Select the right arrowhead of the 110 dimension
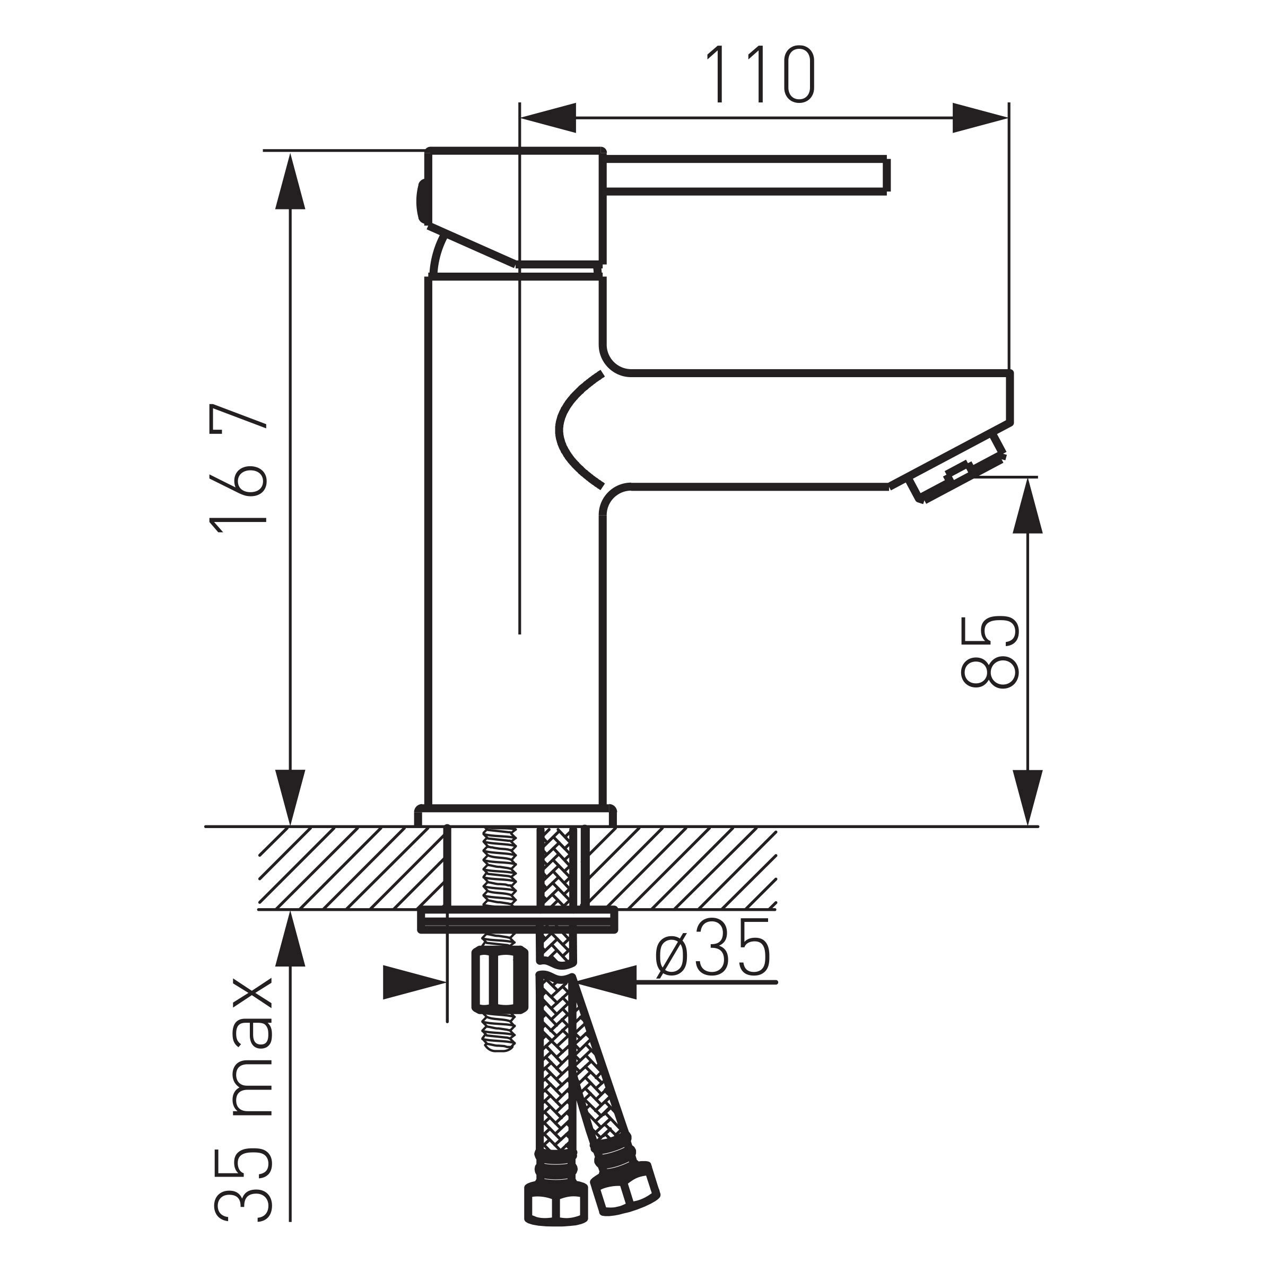tap(979, 118)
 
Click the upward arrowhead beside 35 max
tap(290, 942)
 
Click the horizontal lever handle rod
tap(745, 175)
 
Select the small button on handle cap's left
tap(420, 202)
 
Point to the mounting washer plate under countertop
tap(517, 920)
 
